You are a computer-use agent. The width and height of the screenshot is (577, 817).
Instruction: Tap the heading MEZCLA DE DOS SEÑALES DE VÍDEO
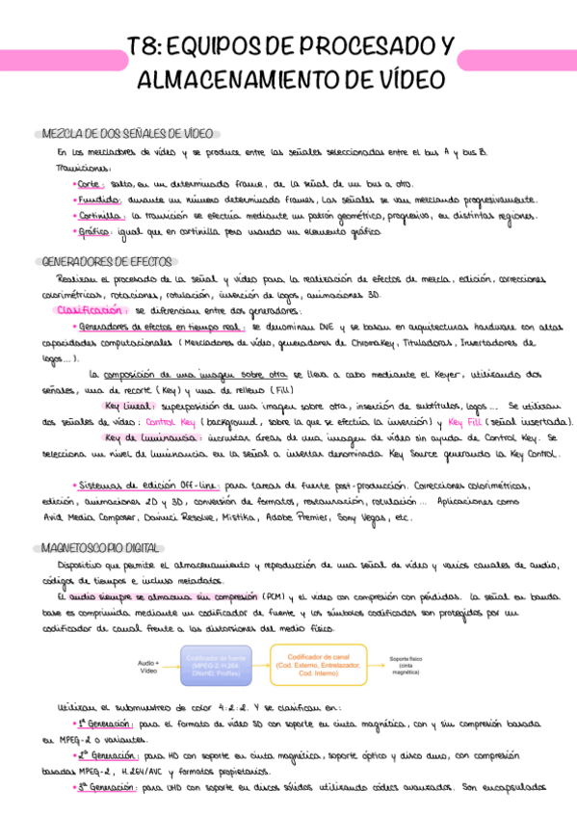127,132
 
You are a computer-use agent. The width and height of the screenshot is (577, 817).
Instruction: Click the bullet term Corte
91,182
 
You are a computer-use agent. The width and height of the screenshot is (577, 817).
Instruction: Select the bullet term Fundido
96,199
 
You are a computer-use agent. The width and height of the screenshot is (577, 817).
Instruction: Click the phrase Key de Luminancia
144,436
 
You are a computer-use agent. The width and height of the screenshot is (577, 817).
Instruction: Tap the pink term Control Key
169,421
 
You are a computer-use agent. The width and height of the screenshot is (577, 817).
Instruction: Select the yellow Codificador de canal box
319,664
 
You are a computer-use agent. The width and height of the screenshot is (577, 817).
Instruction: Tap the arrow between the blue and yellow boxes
260,664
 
